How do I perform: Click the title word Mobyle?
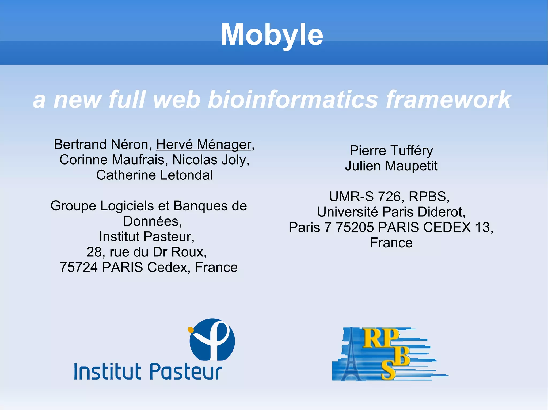coord(272,35)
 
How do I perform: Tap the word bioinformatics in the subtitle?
coord(292,100)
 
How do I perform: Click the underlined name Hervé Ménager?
coord(204,145)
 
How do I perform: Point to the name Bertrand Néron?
coord(103,145)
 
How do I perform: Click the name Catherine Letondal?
coord(154,175)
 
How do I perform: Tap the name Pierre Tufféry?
coord(391,151)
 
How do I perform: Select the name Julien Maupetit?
coord(391,166)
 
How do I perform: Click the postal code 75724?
coord(79,267)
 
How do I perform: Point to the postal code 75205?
coord(355,228)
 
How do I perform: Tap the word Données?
coord(152,221)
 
